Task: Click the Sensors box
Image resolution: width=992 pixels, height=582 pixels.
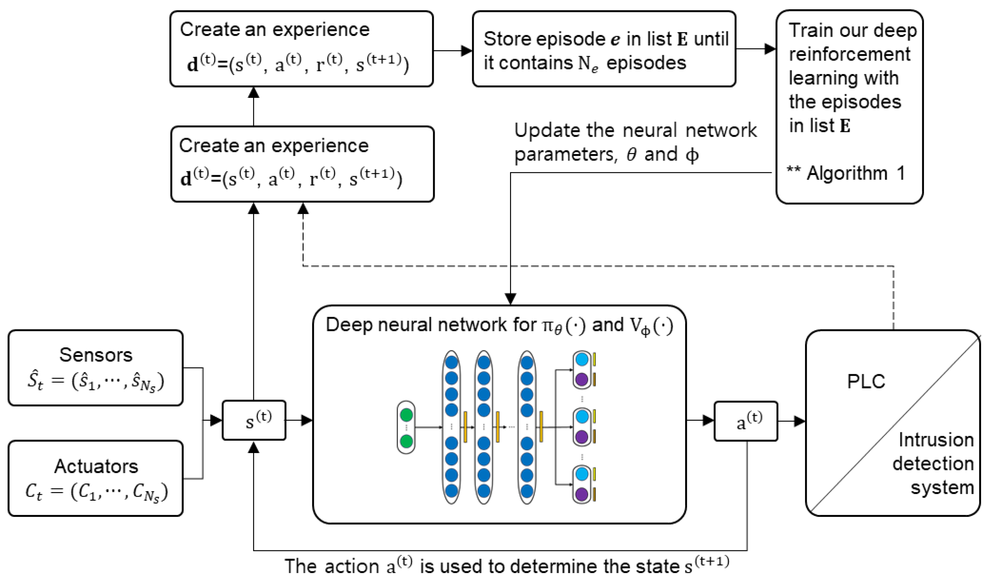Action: [96, 368]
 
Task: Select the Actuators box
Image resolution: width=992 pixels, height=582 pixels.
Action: [96, 479]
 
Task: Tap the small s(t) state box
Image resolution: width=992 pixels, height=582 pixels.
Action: [254, 420]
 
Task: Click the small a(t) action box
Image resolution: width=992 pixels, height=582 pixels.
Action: [746, 421]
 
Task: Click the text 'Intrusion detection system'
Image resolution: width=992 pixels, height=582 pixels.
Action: [935, 464]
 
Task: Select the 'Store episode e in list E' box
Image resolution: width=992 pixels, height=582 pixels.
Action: [604, 49]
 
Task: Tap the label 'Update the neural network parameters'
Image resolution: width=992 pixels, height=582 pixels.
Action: [635, 142]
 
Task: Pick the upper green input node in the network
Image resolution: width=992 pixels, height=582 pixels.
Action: [406, 415]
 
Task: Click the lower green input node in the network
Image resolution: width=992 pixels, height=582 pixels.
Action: [406, 441]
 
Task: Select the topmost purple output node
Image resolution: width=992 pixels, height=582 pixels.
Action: [582, 380]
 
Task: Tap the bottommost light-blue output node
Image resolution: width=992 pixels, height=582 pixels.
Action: [582, 474]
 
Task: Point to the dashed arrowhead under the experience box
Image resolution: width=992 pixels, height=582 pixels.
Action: [303, 209]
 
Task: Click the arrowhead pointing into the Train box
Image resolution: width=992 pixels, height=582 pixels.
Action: [770, 49]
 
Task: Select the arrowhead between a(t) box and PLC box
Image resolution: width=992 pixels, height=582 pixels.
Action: [799, 421]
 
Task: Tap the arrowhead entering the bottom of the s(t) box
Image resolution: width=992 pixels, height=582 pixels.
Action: [254, 447]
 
